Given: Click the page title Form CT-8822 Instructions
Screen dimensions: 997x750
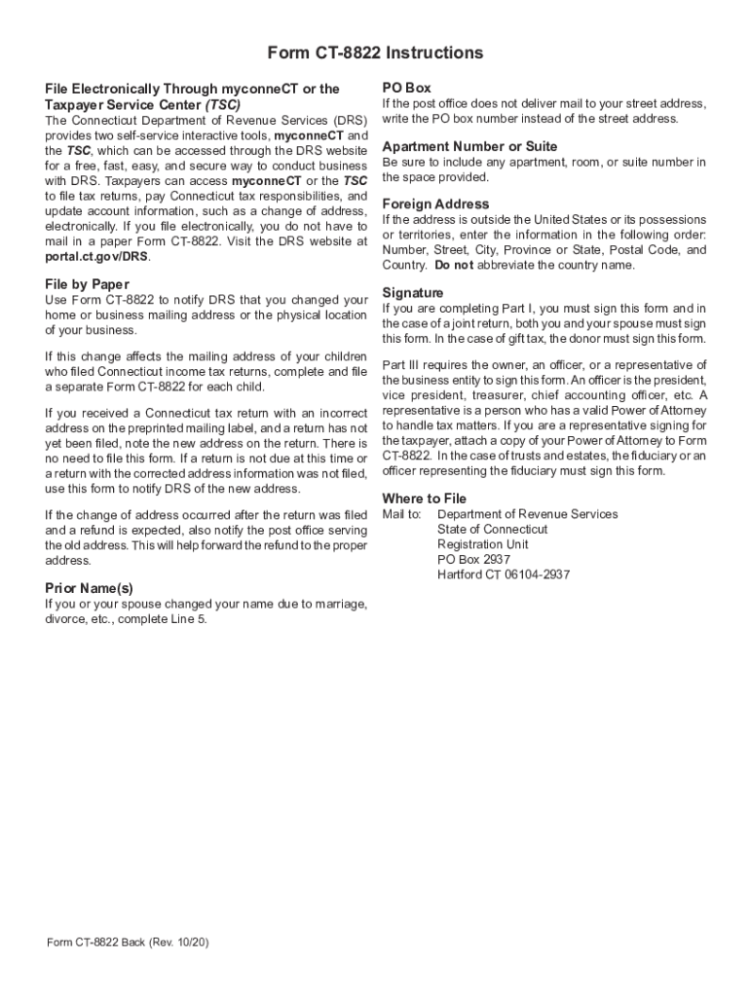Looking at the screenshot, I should pos(375,53).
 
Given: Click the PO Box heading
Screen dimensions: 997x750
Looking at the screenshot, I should pos(406,88).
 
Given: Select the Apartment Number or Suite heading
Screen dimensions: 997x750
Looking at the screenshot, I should pos(469,146).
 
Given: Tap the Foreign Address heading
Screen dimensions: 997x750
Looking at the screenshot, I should pos(435,203).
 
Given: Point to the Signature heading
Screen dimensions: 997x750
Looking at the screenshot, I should pos(413,292).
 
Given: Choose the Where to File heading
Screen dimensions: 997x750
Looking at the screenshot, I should pos(425,498).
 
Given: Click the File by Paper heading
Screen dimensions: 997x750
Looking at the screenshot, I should pos(87,283).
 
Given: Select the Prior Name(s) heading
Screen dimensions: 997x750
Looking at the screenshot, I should pos(90,588).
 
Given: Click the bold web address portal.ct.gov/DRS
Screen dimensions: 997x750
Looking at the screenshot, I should pos(97,256).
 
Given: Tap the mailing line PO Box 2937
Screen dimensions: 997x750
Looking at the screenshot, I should pos(473,560).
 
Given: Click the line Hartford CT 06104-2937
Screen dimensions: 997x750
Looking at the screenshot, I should pos(504,574).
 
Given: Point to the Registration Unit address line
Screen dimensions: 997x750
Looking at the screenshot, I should pos(483,544).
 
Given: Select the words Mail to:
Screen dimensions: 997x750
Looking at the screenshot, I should pos(401,514).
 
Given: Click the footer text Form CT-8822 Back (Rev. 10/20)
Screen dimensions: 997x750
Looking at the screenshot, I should pos(128,942).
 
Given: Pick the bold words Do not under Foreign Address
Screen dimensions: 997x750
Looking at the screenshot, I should pos(454,265).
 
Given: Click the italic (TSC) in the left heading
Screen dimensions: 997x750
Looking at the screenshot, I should pos(223,104).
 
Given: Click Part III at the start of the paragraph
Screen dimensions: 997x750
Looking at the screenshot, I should pos(399,365).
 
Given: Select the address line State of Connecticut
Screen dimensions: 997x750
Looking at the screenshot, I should pos(492,530).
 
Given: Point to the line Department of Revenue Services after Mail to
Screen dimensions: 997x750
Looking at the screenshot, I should pos(527,514).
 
